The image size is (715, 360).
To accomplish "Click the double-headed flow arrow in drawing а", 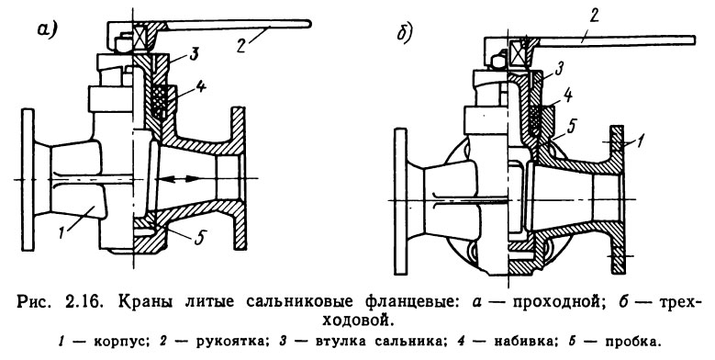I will coord(189,176).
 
